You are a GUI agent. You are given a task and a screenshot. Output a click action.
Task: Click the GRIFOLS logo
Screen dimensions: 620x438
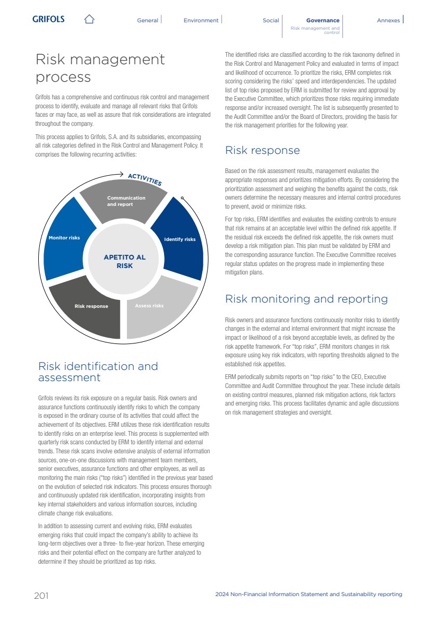coord(48,19)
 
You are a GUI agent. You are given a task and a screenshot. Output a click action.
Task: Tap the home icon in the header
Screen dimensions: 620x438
coord(89,20)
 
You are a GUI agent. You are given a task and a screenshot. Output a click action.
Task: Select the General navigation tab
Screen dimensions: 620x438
coord(148,20)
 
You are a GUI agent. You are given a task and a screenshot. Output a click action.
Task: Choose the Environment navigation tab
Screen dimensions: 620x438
coord(201,20)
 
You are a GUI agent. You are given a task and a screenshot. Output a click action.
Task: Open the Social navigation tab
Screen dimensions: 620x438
coord(271,20)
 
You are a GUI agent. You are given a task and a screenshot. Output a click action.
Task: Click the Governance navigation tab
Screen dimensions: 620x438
coord(323,20)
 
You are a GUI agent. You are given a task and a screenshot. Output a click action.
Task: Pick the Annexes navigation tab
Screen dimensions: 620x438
coord(388,20)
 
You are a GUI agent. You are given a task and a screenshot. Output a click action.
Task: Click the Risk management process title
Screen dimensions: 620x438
coord(100,68)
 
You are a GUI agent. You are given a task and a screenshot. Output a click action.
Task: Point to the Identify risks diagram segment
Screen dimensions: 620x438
coord(178,239)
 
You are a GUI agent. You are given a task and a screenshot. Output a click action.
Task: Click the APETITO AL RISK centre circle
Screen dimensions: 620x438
coord(124,261)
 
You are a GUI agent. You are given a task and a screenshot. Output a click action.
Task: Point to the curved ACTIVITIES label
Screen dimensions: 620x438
coord(145,179)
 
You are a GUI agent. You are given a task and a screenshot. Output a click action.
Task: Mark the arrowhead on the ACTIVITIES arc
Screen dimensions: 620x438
coord(121,174)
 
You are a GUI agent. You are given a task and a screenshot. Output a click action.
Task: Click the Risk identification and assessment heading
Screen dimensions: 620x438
coord(98,372)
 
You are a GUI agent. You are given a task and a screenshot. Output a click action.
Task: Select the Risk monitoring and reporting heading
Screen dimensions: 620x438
coord(306,299)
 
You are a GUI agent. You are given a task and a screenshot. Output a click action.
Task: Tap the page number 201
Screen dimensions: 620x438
coord(41,596)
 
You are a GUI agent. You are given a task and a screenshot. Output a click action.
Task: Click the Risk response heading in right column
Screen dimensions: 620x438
coord(262,150)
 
